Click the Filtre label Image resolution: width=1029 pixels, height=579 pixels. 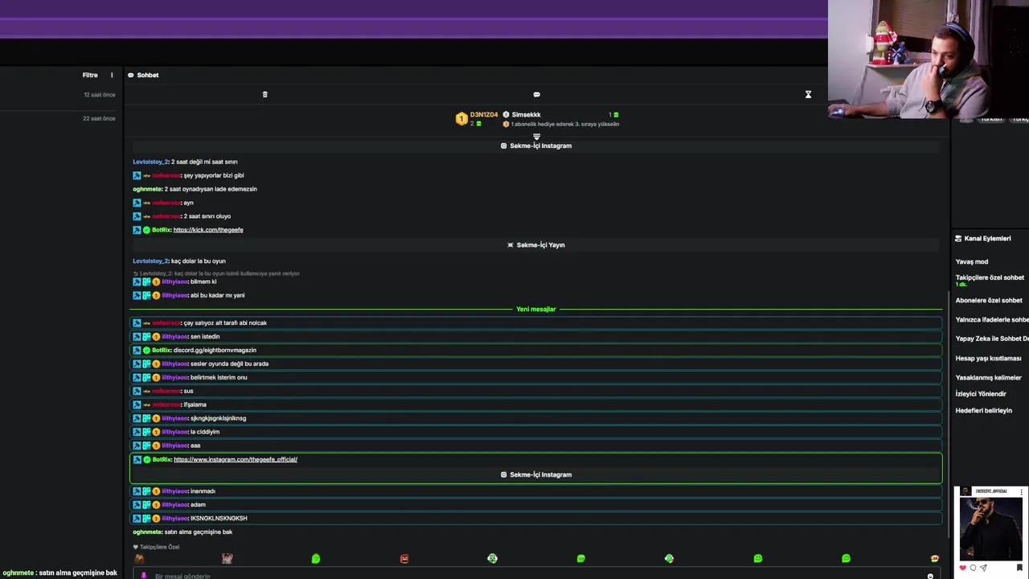point(90,75)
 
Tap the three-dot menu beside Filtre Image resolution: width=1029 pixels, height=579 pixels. point(112,75)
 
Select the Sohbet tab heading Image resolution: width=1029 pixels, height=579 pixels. point(147,75)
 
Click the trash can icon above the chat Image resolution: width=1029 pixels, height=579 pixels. point(265,94)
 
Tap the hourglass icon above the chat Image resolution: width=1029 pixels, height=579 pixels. point(808,94)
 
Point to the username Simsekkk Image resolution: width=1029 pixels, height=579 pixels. point(526,115)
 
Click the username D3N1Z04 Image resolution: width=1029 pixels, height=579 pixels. point(484,115)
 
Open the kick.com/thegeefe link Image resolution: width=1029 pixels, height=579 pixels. point(208,230)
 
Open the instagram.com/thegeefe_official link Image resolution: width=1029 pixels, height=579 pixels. point(236,459)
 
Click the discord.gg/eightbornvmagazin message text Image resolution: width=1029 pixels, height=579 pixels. point(215,350)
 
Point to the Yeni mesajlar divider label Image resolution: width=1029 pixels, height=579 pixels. point(535,309)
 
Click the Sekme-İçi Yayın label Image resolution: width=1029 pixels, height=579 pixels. point(540,244)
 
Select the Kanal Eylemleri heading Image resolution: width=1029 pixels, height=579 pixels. point(987,238)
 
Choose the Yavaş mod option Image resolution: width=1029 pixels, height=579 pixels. point(972,261)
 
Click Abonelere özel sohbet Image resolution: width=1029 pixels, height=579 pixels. point(989,300)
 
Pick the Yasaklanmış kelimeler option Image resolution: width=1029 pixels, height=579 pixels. point(988,377)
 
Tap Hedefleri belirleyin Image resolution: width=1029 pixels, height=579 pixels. point(983,410)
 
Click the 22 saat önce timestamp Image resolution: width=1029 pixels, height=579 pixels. point(99,118)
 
